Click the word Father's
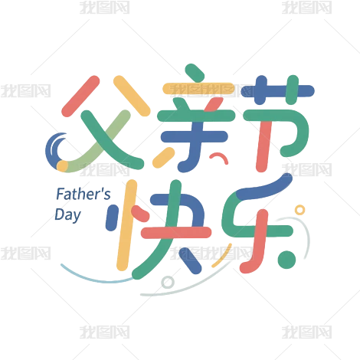(x=83, y=194)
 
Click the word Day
(x=67, y=215)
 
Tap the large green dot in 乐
(x=286, y=260)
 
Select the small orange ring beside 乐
(x=299, y=210)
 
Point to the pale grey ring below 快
(x=168, y=282)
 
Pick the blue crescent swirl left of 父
(x=51, y=151)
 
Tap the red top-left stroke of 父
(x=80, y=96)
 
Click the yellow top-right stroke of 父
(x=132, y=96)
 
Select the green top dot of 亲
(x=195, y=72)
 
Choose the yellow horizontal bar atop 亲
(x=198, y=89)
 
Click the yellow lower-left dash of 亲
(x=164, y=158)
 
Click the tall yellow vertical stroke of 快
(x=126, y=225)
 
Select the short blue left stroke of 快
(x=112, y=218)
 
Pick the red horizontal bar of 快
(x=176, y=232)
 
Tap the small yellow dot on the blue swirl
(x=62, y=165)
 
